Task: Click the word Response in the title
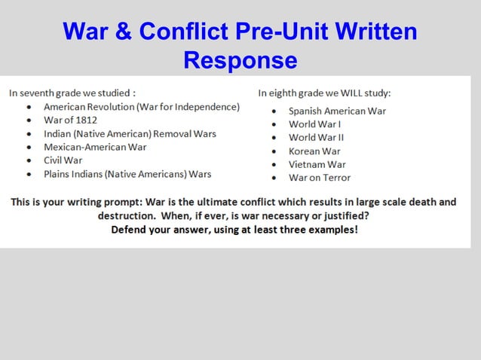click(x=240, y=59)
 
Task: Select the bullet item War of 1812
click(x=70, y=120)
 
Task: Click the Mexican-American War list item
click(x=95, y=147)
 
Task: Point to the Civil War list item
click(x=63, y=160)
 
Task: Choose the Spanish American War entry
click(x=337, y=111)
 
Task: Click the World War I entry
click(x=315, y=124)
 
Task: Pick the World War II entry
click(x=317, y=138)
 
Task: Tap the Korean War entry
click(x=314, y=151)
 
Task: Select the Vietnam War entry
click(x=317, y=164)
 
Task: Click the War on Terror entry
click(x=320, y=178)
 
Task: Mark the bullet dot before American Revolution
click(x=29, y=107)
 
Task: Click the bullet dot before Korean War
click(x=275, y=151)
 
